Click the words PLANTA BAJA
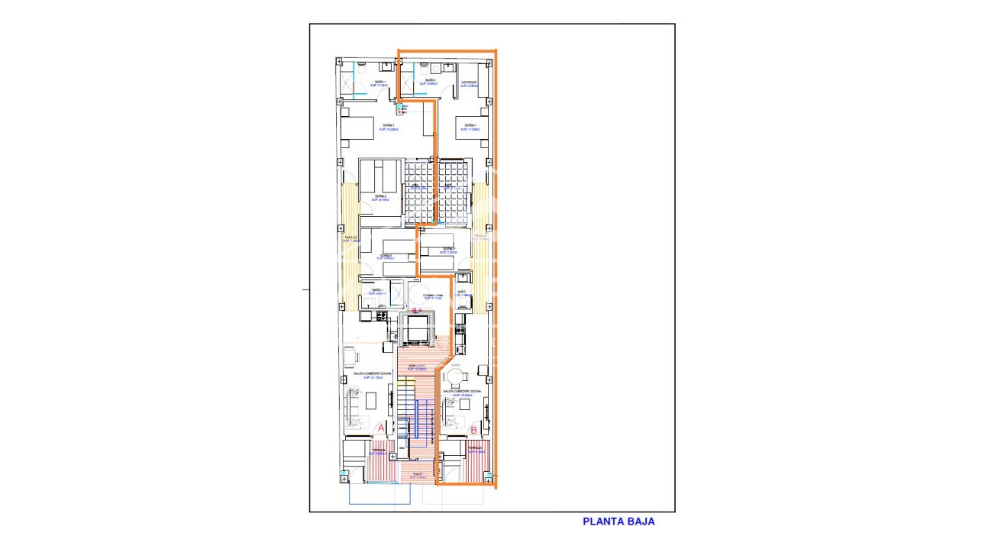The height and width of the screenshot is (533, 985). click(x=618, y=522)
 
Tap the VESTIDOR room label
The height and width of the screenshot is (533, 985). click(x=469, y=82)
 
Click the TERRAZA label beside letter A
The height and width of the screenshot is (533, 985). click(x=379, y=451)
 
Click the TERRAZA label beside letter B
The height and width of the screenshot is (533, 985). click(x=476, y=451)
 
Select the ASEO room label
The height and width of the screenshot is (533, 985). click(x=461, y=292)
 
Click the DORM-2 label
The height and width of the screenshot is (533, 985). click(x=379, y=197)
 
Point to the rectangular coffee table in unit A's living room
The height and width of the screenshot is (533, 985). click(x=371, y=401)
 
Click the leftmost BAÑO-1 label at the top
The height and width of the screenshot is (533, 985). click(x=379, y=82)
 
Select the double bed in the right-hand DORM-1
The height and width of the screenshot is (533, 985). click(x=469, y=128)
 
